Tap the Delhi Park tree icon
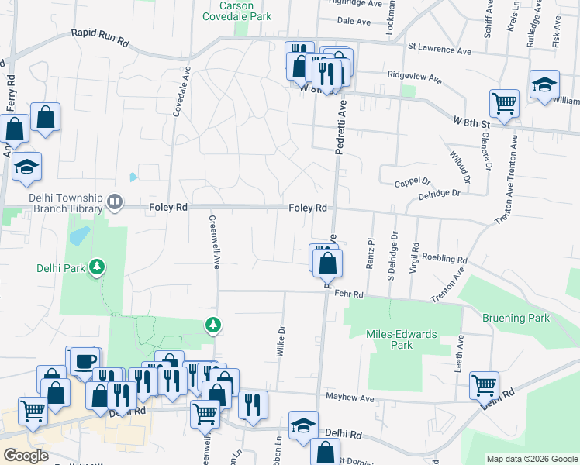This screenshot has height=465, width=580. point(97,267)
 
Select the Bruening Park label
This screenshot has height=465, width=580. point(516,318)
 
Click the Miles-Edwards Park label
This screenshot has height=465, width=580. point(401,339)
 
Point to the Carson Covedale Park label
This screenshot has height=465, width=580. point(238,10)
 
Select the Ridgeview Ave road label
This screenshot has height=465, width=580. point(413,79)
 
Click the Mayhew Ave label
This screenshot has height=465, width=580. point(350,398)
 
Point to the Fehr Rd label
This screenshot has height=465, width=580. point(349,294)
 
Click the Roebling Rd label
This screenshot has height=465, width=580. point(445,260)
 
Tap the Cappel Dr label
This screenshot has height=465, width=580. point(412,184)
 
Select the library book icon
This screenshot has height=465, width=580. point(115,202)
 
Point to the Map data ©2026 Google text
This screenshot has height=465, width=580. point(531,459)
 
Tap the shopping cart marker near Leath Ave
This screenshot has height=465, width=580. point(484,384)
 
